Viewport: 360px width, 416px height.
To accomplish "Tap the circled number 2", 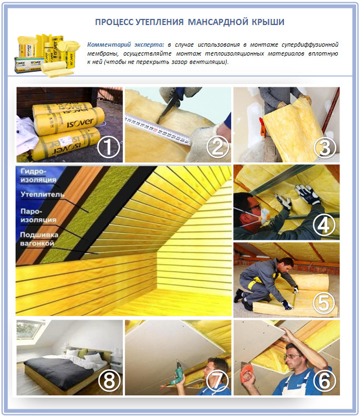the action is click(217, 147).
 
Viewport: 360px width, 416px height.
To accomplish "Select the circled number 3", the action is click(325, 147).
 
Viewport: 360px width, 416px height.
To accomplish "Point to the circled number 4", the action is click(324, 225).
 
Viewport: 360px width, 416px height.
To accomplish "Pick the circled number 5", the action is click(324, 303).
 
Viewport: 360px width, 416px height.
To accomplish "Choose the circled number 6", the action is click(324, 381).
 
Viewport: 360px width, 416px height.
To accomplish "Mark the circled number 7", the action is click(217, 381).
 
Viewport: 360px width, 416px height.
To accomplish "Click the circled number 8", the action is click(109, 381).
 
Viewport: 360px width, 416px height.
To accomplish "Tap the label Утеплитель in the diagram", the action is click(42, 195).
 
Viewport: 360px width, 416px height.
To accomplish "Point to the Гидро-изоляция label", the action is click(38, 175).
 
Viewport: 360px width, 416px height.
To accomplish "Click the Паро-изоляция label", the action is click(38, 215).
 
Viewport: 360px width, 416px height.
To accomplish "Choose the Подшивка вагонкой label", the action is click(39, 239).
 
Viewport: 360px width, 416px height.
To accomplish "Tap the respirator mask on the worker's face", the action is click(264, 214).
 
